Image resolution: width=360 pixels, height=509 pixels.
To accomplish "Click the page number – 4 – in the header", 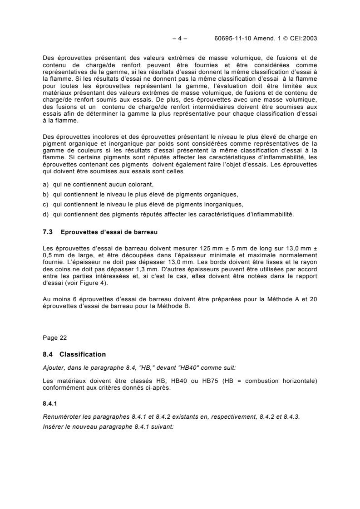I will [x=180, y=39].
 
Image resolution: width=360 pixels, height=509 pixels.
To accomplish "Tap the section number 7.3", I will [x=48, y=232].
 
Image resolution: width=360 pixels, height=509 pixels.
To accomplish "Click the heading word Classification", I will [x=83, y=354].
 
